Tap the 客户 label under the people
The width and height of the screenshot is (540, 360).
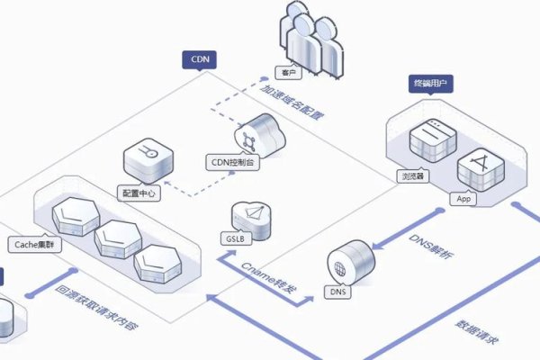(x=288, y=73)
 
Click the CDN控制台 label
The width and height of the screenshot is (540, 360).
(x=232, y=162)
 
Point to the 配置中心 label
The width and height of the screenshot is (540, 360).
(x=140, y=193)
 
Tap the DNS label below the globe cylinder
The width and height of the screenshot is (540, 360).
(x=338, y=292)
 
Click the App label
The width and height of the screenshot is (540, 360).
(x=464, y=198)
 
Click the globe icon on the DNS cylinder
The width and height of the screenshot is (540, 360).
(x=341, y=267)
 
